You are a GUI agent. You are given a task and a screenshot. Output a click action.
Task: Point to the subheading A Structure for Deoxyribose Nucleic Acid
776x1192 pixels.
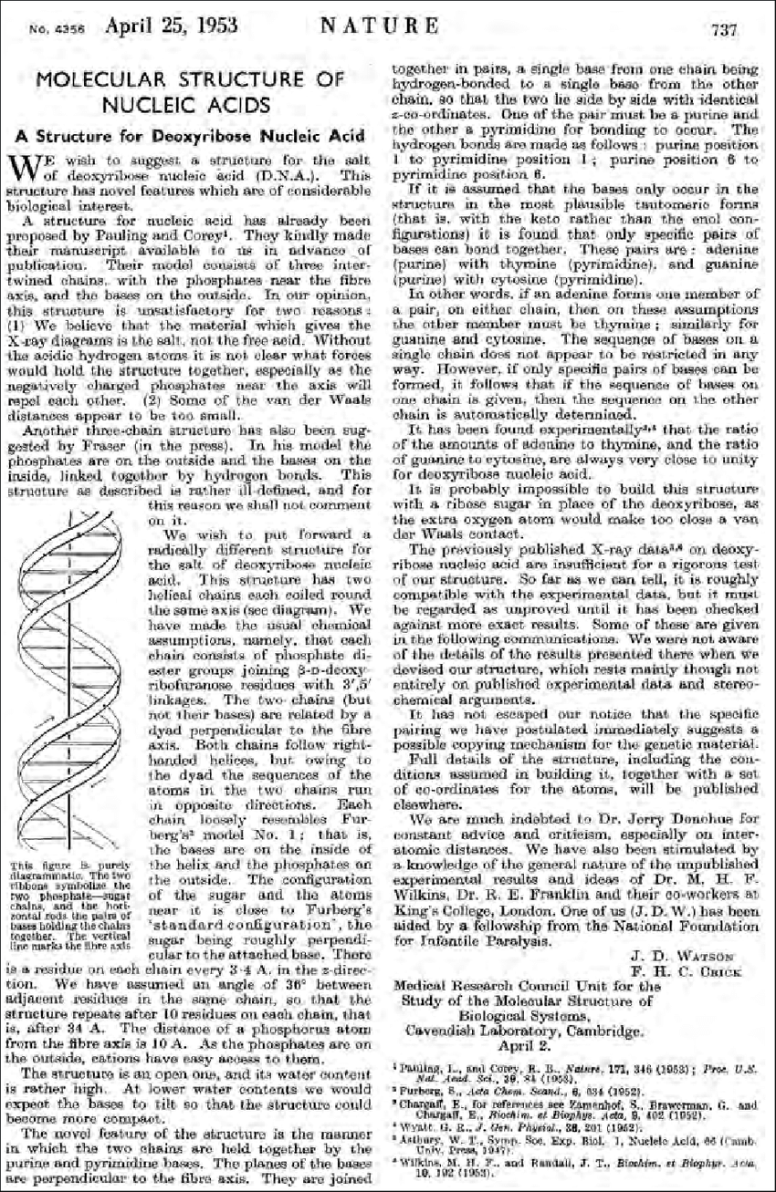(x=189, y=136)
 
